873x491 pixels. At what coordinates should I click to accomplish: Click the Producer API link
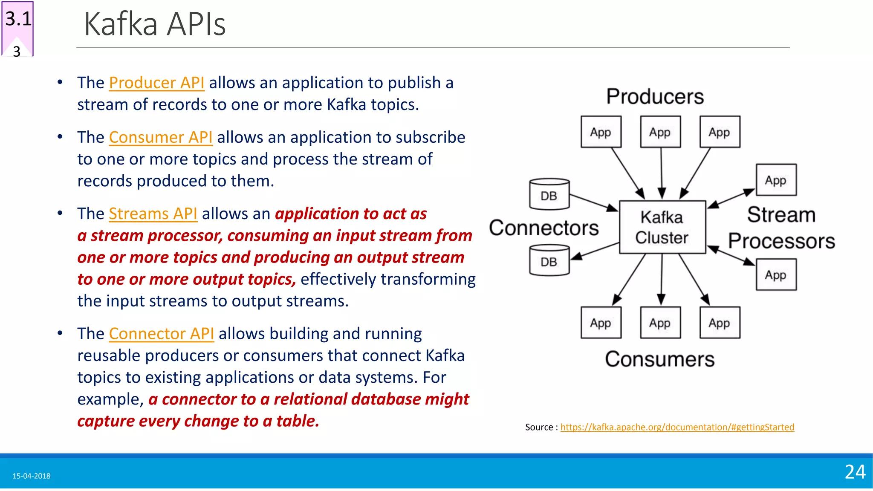[156, 83]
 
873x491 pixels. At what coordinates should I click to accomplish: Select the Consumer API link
[161, 137]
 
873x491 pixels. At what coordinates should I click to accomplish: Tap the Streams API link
[153, 214]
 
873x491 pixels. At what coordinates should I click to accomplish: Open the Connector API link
[161, 334]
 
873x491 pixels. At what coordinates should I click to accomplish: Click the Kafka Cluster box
[662, 227]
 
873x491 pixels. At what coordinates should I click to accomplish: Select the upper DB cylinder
[549, 194]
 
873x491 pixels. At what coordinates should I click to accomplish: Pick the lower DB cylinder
[549, 260]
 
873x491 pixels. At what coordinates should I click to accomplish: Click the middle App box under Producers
[660, 132]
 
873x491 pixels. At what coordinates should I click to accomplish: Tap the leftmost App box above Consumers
[601, 323]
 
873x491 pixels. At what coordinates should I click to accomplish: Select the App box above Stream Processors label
[776, 180]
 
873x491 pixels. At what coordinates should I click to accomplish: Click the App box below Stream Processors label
[776, 274]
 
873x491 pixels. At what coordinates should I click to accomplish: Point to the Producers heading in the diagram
[655, 96]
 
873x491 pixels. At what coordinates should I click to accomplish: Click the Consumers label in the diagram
[659, 359]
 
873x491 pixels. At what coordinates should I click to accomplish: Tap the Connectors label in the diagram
[543, 228]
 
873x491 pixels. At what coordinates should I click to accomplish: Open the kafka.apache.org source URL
[677, 427]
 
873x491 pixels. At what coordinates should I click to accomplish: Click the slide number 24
[855, 472]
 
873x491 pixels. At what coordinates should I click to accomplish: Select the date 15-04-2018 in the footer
[31, 476]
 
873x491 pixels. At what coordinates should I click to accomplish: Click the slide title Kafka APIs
[155, 24]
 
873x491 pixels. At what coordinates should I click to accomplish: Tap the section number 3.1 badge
[18, 19]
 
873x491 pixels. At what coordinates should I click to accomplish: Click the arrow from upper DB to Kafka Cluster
[593, 202]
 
